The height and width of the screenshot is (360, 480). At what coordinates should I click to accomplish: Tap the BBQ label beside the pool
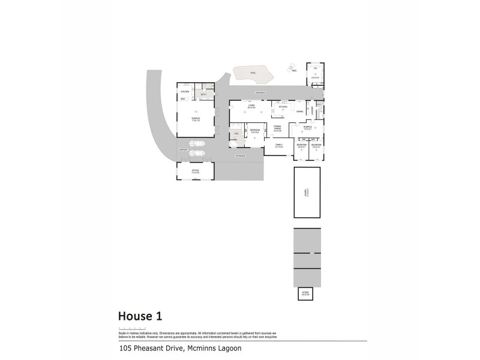(294, 71)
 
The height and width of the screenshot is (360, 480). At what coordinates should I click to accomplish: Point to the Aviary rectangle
(307, 192)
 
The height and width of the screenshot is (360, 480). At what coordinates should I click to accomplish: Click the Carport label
(183, 149)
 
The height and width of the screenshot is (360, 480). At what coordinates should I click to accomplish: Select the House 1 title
(140, 316)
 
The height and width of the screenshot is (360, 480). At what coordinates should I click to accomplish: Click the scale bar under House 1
(132, 329)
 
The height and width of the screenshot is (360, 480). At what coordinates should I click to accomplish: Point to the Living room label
(251, 106)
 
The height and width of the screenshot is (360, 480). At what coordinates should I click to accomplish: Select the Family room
(279, 145)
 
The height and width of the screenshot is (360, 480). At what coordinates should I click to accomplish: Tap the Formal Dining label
(277, 128)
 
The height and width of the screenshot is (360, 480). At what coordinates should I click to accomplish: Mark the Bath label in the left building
(203, 94)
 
